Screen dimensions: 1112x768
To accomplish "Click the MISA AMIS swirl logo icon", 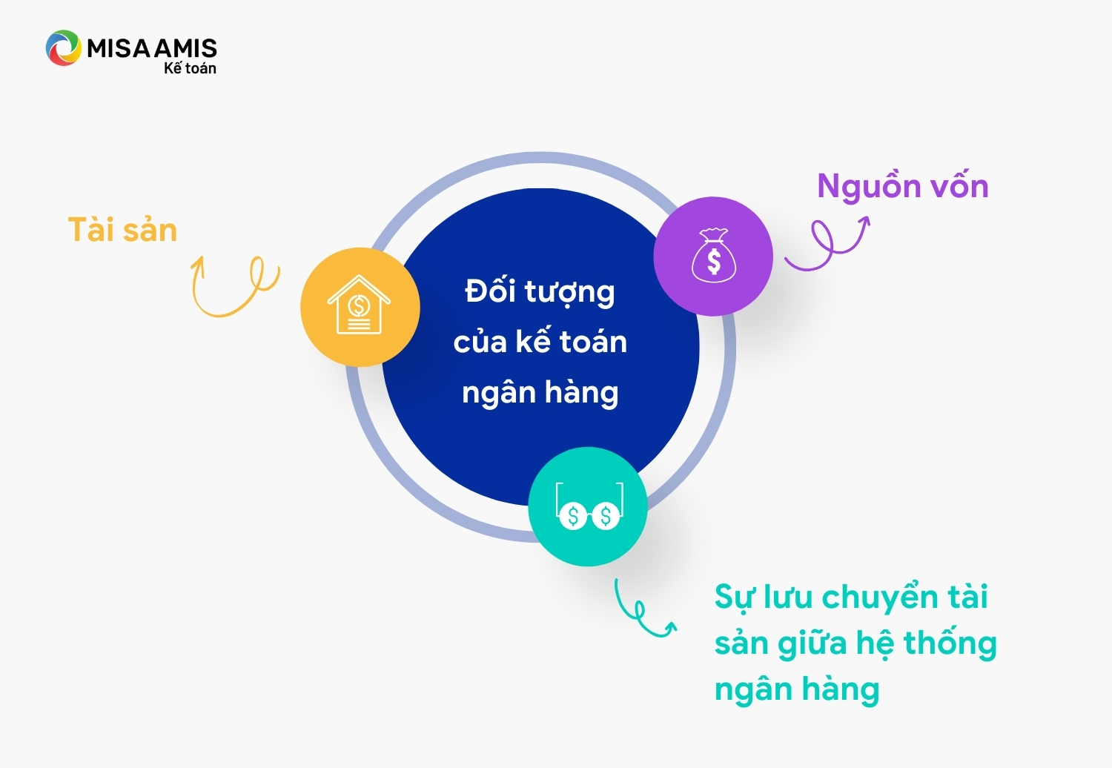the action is pyautogui.click(x=63, y=48).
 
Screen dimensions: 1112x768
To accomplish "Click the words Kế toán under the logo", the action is pyautogui.click(x=190, y=67).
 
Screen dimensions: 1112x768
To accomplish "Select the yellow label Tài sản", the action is pyautogui.click(x=122, y=230).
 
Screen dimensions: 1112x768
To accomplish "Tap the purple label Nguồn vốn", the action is pyautogui.click(x=903, y=186).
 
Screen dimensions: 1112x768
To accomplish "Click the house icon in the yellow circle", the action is pyautogui.click(x=359, y=305).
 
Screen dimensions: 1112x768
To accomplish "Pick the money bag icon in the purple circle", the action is pyautogui.click(x=714, y=255).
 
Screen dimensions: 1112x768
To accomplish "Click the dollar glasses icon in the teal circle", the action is pyautogui.click(x=589, y=506).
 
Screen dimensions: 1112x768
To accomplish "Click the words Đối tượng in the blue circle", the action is pyautogui.click(x=540, y=291).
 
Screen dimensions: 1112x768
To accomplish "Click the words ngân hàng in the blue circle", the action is pyautogui.click(x=540, y=393).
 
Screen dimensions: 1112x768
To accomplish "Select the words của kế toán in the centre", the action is pyautogui.click(x=540, y=342).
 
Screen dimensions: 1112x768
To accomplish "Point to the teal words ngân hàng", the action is pyautogui.click(x=797, y=690).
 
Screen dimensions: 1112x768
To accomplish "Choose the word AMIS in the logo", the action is pyautogui.click(x=185, y=48).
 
